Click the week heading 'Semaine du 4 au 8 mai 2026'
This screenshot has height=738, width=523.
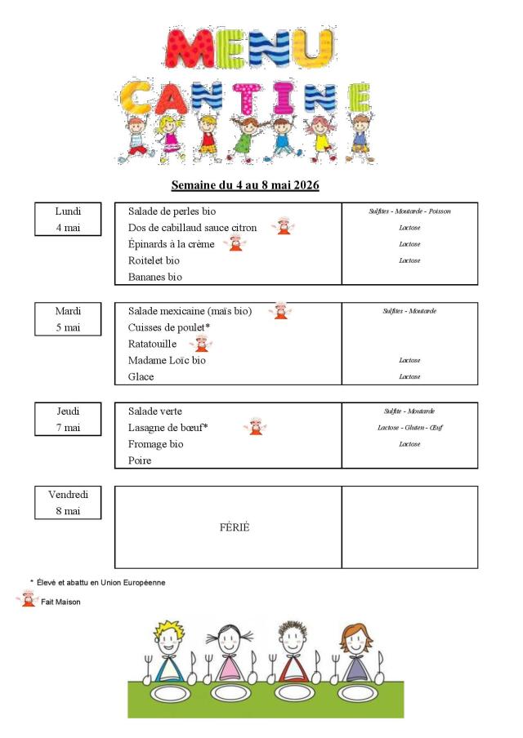point(244,185)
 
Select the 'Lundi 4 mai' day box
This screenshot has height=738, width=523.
point(68,219)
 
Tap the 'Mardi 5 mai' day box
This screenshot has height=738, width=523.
point(68,318)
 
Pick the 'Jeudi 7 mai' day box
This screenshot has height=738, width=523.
point(68,419)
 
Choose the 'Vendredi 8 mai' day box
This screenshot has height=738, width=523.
point(68,502)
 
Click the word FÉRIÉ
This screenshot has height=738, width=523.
point(235,527)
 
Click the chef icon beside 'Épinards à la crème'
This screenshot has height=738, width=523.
point(235,243)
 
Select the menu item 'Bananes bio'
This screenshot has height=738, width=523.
point(154,277)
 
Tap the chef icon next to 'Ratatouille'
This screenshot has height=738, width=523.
point(201,344)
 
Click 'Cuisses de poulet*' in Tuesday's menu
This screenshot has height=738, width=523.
point(169,327)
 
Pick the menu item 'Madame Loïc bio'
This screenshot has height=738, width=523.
point(167,360)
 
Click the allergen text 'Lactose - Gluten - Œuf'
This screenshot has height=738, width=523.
point(409,428)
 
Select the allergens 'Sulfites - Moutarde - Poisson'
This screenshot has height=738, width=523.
point(409,211)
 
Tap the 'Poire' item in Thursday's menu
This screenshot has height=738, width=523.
point(140,460)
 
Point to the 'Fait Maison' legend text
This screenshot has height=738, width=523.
point(62,602)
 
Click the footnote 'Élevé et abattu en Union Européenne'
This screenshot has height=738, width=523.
point(101,583)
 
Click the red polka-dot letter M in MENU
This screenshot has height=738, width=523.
point(189,49)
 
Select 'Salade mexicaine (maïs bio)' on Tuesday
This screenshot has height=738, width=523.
point(190,311)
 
